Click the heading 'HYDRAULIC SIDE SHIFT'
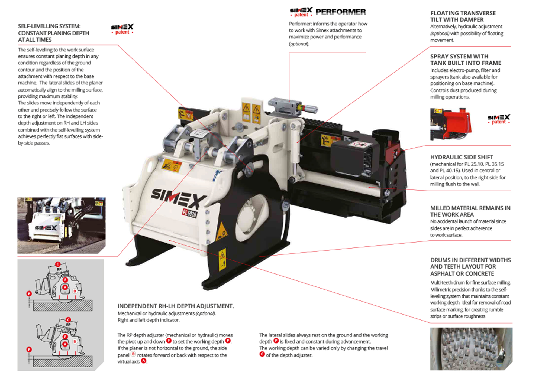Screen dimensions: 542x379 tap(462, 157)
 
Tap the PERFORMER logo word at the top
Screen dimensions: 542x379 tap(341, 12)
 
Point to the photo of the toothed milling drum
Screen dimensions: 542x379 tap(471, 349)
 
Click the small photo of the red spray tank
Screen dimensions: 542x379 tap(451, 124)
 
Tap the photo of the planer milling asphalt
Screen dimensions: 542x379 tap(62, 225)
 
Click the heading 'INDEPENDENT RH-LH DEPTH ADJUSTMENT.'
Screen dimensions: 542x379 tap(176, 306)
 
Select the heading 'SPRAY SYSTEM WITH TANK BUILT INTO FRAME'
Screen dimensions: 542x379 tap(466, 60)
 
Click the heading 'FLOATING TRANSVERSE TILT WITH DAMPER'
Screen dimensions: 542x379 tap(463, 16)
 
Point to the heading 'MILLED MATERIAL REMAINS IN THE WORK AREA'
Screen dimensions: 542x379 tap(470, 211)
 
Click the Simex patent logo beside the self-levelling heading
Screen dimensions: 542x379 tap(122, 29)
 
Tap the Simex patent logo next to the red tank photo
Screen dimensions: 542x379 tap(499, 119)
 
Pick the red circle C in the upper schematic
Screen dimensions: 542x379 tap(58, 264)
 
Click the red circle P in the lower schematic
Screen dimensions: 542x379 tap(29, 349)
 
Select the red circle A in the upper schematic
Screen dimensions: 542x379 tap(65, 287)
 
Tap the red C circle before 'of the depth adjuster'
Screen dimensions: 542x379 tap(262, 354)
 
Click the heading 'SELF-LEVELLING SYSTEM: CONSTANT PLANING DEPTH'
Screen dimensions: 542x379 tap(53, 33)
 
